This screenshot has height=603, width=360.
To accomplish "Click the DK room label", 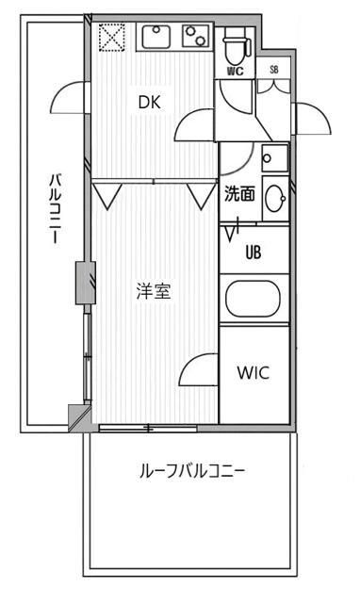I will pos(150,104).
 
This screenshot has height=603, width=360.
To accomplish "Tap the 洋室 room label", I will pos(152,291).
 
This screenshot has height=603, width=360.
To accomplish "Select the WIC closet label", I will pos(253,372).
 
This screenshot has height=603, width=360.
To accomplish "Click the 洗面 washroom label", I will pos(239,195).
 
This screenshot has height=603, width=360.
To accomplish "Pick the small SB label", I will pos(274,69).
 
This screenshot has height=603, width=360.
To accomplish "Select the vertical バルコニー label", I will pos(57,209).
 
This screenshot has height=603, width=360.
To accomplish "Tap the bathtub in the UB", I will pos(254,301).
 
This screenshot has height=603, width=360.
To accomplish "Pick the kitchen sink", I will pos(155,38).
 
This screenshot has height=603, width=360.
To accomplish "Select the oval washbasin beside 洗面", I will pos(275,198).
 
